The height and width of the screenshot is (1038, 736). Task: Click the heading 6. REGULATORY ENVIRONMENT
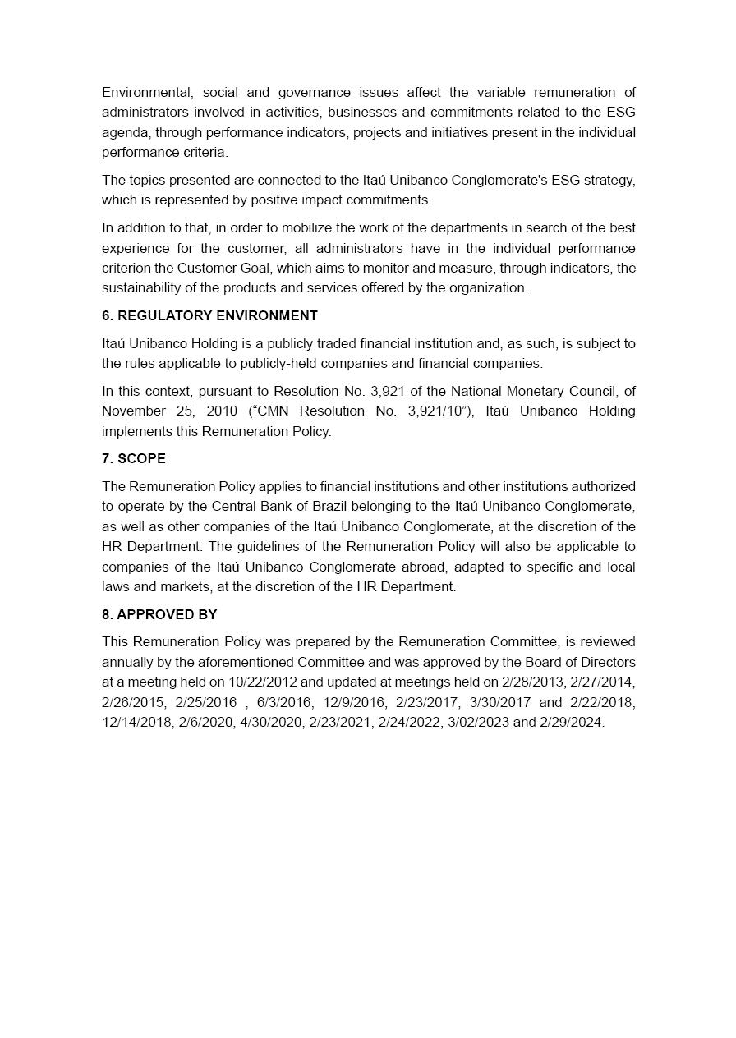[209, 315]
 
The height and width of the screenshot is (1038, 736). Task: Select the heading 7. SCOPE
[134, 458]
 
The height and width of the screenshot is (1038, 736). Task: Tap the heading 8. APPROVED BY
[159, 614]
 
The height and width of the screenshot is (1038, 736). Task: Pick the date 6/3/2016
[283, 702]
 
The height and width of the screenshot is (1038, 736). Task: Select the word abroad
[422, 567]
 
